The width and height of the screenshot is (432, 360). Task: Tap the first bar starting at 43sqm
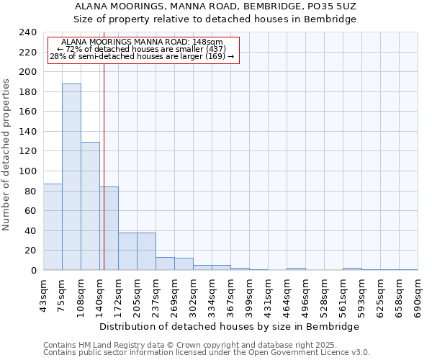point(53,227)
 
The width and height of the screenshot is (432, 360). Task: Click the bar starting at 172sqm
point(127,251)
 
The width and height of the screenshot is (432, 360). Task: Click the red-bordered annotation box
point(142,51)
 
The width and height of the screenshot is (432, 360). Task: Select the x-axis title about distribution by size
point(230,327)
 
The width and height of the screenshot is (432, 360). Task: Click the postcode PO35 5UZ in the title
point(332,6)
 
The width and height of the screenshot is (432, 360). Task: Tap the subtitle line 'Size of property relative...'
point(215,19)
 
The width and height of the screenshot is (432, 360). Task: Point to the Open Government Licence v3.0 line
point(207,353)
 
